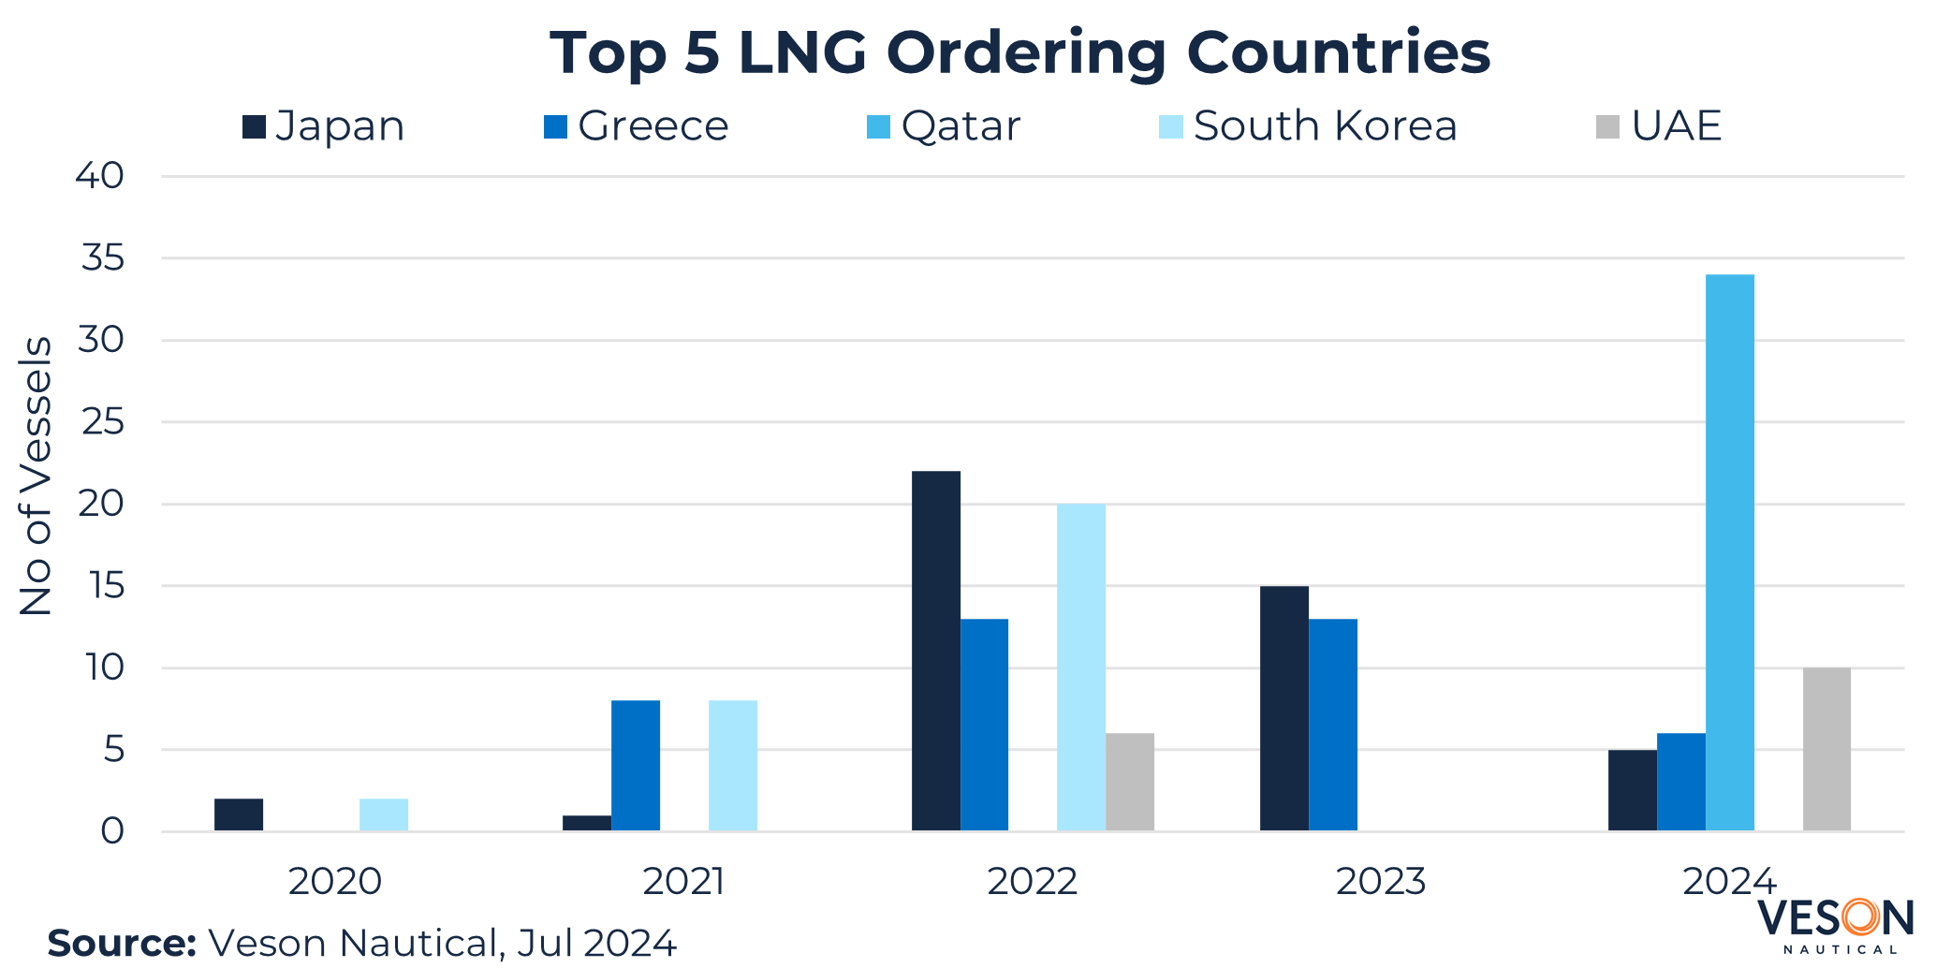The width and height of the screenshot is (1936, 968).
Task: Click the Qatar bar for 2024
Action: click(x=1729, y=552)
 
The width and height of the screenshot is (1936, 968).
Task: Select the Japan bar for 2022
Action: click(x=935, y=651)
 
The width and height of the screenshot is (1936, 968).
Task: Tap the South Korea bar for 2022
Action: click(x=1080, y=667)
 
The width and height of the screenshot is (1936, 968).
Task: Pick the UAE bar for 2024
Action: click(x=1826, y=749)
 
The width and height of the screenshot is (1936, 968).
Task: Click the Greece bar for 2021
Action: click(x=635, y=765)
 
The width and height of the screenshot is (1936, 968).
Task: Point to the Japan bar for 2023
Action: click(x=1283, y=708)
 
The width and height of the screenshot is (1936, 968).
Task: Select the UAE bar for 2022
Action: click(x=1129, y=782)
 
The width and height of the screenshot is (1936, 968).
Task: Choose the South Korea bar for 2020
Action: click(x=383, y=814)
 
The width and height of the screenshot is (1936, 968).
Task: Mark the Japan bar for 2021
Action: click(x=586, y=823)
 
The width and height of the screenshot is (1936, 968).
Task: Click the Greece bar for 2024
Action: click(x=1680, y=782)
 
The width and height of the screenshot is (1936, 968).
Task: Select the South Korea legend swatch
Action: click(x=1170, y=126)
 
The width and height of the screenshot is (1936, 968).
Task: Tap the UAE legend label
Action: click(x=1676, y=126)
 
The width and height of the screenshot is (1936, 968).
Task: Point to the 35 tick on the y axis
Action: click(x=102, y=257)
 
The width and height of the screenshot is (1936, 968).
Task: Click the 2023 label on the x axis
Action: click(x=1380, y=882)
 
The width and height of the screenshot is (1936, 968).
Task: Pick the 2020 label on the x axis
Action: click(x=335, y=882)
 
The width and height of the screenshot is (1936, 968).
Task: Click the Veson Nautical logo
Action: click(x=1835, y=924)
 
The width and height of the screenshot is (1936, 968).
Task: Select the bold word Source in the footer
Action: click(x=122, y=943)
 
